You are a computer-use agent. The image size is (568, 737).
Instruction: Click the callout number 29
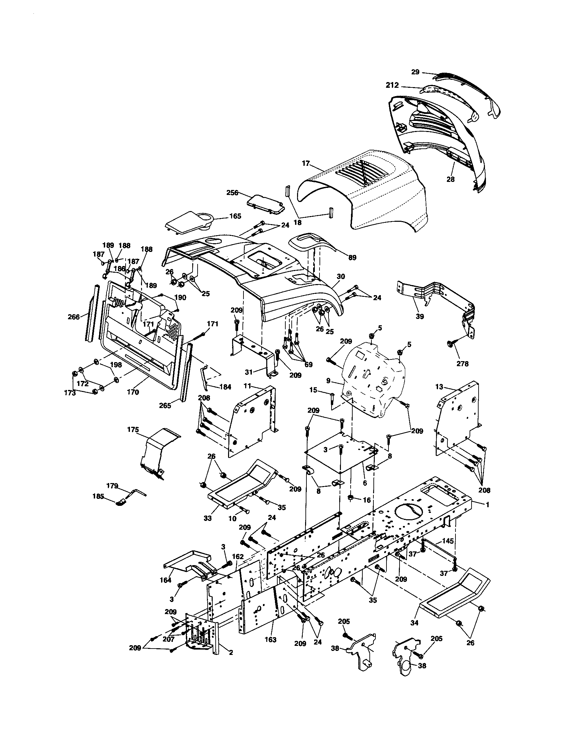pos(415,72)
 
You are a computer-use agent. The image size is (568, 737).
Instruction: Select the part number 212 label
pos(392,86)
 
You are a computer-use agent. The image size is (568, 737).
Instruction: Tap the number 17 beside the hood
pos(305,163)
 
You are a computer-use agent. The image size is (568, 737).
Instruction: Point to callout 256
pos(232,193)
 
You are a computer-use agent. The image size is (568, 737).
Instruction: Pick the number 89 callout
pos(352,258)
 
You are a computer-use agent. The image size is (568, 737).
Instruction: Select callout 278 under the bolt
pos(462,364)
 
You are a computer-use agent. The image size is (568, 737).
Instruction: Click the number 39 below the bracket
pos(420,316)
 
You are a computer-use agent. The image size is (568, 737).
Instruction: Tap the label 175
pos(133,429)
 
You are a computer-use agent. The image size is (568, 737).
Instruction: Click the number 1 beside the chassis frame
pos(487,505)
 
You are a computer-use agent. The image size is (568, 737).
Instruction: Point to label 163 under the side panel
pos(271,640)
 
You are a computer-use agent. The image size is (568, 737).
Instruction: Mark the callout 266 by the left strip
pos(74,317)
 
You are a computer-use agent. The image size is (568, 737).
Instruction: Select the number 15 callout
pos(313,390)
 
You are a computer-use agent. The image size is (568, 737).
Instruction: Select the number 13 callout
pos(439,387)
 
